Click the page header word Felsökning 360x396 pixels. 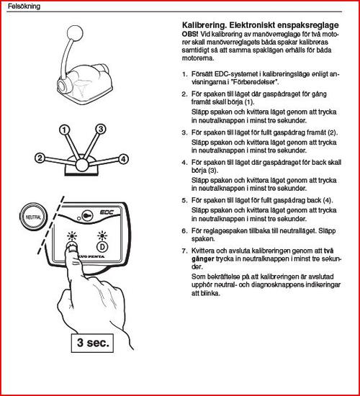click(x=24, y=6)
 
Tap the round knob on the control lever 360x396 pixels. click(x=75, y=32)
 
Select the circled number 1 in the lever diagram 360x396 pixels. click(x=64, y=130)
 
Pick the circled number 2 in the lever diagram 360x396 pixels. click(x=40, y=158)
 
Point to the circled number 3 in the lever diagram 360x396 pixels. click(x=101, y=129)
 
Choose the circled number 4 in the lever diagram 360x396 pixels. click(x=123, y=159)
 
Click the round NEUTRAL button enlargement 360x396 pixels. click(x=33, y=217)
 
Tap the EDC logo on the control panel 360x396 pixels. click(x=107, y=212)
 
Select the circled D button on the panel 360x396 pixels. click(x=102, y=247)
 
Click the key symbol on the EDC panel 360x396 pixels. click(x=87, y=216)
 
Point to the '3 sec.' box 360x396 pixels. click(x=92, y=343)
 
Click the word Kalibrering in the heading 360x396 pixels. click(x=204, y=25)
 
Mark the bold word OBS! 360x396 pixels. click(x=190, y=34)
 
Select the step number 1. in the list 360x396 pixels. click(x=184, y=74)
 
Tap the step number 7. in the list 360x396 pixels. click(x=184, y=251)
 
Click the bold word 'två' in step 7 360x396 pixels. click(x=328, y=251)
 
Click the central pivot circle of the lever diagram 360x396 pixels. click(x=82, y=165)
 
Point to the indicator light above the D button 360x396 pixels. click(x=102, y=236)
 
